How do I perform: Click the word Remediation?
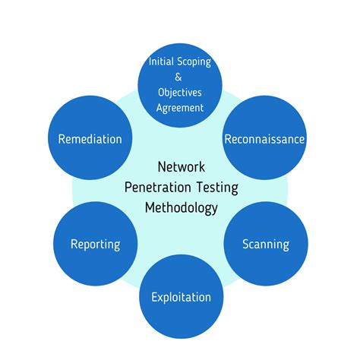(90, 139)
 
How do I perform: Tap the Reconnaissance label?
(264, 139)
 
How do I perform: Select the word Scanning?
(266, 245)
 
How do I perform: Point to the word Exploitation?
(182, 298)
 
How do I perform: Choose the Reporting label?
(96, 245)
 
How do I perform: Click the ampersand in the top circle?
(178, 77)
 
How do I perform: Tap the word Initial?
(161, 62)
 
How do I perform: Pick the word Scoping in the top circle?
(194, 62)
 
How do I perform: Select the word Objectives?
(180, 93)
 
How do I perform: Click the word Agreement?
(180, 109)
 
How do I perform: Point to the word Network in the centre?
(182, 167)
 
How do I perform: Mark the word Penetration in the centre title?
(158, 188)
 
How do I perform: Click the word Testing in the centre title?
(217, 188)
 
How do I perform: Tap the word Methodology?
(182, 209)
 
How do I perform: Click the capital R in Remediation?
(62, 140)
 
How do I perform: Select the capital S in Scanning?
(246, 244)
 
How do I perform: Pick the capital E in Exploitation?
(154, 297)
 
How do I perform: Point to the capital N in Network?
(162, 167)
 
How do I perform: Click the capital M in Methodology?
(150, 208)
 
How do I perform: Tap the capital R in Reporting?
(74, 244)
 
